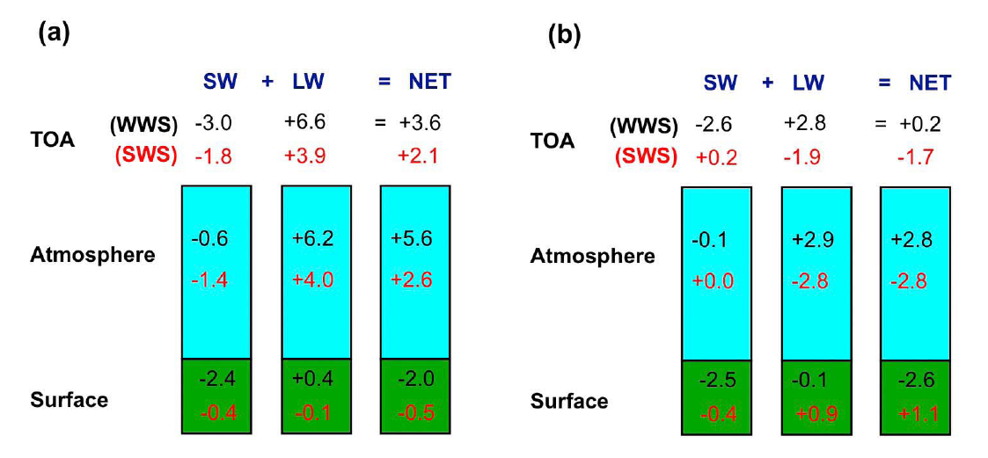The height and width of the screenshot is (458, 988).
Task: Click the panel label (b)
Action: (x=563, y=35)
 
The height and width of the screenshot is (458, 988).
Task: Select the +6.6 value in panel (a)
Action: (x=304, y=122)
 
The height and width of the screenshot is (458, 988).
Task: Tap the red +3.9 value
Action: (x=304, y=156)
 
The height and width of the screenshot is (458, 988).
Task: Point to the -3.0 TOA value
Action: (x=213, y=122)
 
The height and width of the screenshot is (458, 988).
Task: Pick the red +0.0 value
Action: (x=714, y=281)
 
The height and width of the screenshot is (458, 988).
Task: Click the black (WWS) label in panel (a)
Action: (x=143, y=124)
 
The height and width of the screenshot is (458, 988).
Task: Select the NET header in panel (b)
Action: (x=930, y=83)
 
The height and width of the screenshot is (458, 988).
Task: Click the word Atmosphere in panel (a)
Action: (x=92, y=255)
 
